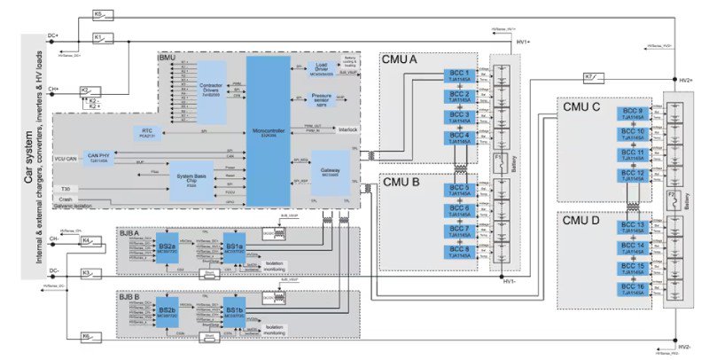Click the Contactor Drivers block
tap(210, 90)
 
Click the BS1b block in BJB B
tap(234, 310)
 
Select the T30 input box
tap(65, 189)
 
